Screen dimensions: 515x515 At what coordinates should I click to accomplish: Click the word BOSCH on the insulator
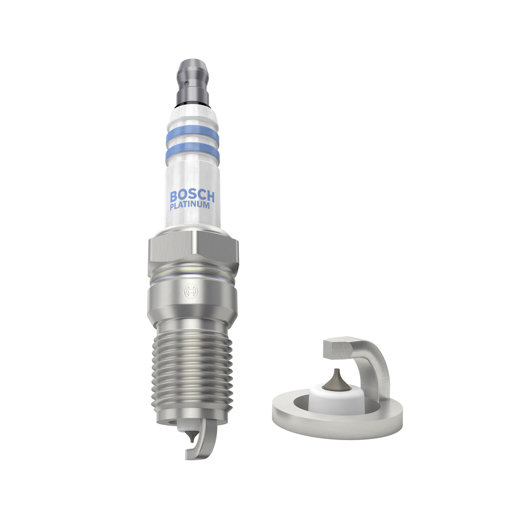point(192,196)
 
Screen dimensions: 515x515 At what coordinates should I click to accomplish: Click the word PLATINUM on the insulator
point(190,206)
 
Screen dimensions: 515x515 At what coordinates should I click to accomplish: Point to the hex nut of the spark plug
point(193,249)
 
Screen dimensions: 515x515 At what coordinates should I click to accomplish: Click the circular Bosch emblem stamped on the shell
point(191,291)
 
